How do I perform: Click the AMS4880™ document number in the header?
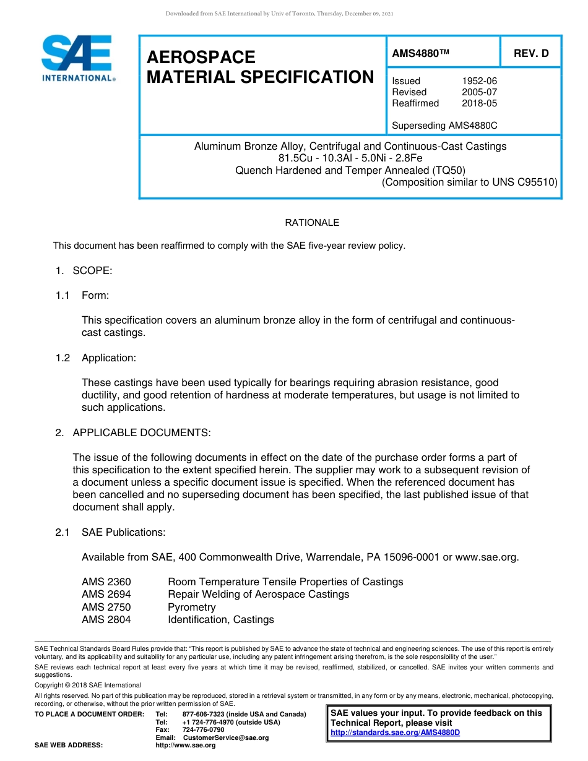pyautogui.click(x=420, y=54)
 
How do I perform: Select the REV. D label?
pyautogui.click(x=531, y=54)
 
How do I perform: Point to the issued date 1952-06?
pyautogui.click(x=479, y=81)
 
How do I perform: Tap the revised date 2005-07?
pyautogui.click(x=479, y=92)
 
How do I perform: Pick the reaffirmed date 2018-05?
pyautogui.click(x=479, y=103)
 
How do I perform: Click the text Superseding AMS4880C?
pyautogui.click(x=444, y=126)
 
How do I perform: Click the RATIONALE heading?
pyautogui.click(x=312, y=223)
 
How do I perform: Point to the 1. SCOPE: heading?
pyautogui.click(x=84, y=270)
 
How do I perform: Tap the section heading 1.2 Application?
pyautogui.click(x=95, y=358)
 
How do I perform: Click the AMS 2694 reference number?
pyautogui.click(x=106, y=595)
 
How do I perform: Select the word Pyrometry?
pyautogui.click(x=192, y=607)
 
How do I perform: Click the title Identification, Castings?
pyautogui.click(x=221, y=619)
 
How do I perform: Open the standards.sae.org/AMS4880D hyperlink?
pyautogui.click(x=396, y=733)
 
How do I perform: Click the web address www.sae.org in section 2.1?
pyautogui.click(x=486, y=557)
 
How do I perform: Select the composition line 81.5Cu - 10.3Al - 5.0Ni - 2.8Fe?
pyautogui.click(x=350, y=158)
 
